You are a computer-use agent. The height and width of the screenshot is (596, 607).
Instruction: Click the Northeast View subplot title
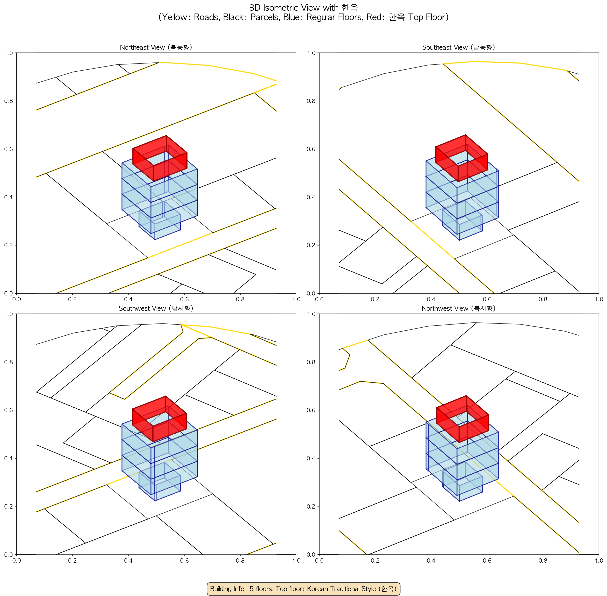point(156,47)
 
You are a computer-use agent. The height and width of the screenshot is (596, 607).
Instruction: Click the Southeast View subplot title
point(459,47)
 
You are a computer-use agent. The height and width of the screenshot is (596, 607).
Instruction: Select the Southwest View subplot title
point(156,308)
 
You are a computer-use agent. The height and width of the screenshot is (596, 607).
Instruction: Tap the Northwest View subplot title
point(459,308)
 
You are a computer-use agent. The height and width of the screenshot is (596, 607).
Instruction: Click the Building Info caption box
point(303,589)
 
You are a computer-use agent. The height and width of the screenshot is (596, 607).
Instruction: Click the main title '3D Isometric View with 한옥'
point(303,7)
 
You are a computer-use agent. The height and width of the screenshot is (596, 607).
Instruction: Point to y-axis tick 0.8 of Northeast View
point(8,101)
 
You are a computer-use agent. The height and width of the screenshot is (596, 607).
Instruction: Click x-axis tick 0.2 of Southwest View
point(72,560)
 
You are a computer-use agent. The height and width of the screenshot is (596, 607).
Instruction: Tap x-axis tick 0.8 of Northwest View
point(543,560)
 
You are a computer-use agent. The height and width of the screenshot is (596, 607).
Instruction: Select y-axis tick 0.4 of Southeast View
point(311,197)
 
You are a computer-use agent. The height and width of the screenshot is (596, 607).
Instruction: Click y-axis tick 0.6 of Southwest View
point(8,410)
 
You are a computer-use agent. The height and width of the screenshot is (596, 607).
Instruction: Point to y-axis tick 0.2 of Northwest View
point(311,506)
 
